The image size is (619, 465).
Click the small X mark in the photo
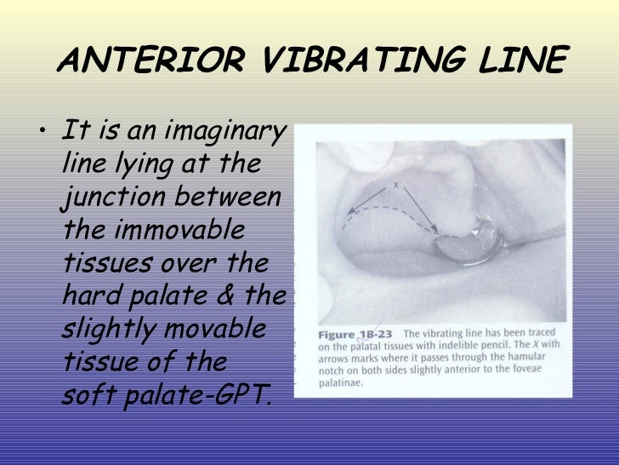[395, 184]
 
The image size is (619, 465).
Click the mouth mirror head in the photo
[459, 252]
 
